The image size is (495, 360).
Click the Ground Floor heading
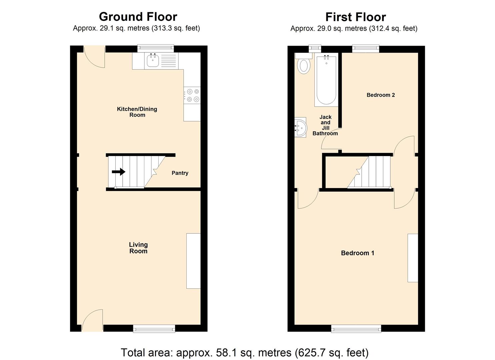click(138, 17)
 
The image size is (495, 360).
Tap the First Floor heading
click(356, 17)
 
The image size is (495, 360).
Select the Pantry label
click(180, 173)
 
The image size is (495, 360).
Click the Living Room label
click(138, 248)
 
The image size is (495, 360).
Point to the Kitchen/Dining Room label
click(137, 112)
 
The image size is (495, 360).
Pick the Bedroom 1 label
click(357, 253)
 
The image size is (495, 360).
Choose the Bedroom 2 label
click(381, 95)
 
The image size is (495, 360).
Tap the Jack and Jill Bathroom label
click(325, 125)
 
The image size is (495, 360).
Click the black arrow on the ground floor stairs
click(118, 172)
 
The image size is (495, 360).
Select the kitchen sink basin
click(153, 61)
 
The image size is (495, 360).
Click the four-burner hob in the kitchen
click(192, 95)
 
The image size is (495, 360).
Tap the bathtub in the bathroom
click(326, 80)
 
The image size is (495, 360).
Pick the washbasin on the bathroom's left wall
click(300, 127)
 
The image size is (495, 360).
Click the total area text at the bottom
click(244, 353)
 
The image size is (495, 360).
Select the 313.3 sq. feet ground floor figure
click(176, 28)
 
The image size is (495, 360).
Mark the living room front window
click(154, 329)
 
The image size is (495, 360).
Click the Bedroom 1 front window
click(356, 329)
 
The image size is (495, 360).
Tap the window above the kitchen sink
click(156, 48)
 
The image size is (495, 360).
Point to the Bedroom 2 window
click(366, 49)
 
